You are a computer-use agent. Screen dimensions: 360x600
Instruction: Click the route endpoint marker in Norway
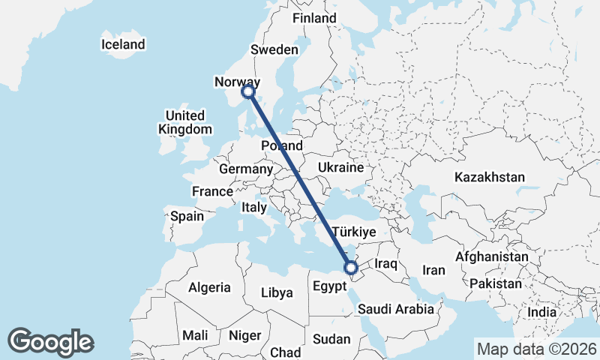pyautogui.click(x=248, y=91)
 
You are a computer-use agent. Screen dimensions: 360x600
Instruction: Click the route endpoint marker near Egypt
pyautogui.click(x=350, y=267)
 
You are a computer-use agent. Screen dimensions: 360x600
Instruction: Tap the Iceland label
pyautogui.click(x=123, y=45)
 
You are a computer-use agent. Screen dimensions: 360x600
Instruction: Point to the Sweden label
pyautogui.click(x=274, y=49)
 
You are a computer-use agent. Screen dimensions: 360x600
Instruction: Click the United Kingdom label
pyautogui.click(x=184, y=122)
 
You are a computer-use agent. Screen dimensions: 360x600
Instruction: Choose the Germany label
pyautogui.click(x=246, y=169)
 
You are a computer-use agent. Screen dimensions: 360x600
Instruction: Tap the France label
pyautogui.click(x=212, y=192)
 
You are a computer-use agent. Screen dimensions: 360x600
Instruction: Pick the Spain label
pyautogui.click(x=187, y=217)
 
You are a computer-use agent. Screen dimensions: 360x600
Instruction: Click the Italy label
pyautogui.click(x=253, y=207)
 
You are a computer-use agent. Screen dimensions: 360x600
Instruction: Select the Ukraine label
pyautogui.click(x=340, y=167)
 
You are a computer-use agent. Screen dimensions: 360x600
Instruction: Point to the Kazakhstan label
pyautogui.click(x=489, y=178)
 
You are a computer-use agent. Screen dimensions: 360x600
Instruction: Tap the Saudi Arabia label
pyautogui.click(x=396, y=308)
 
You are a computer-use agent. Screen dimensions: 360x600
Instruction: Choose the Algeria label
pyautogui.click(x=209, y=287)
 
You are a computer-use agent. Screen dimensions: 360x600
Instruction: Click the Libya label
pyautogui.click(x=277, y=292)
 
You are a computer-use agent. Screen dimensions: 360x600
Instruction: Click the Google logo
pyautogui.click(x=50, y=342)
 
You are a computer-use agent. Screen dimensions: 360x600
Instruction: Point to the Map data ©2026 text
pyautogui.click(x=536, y=349)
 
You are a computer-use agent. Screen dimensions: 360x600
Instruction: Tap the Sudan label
pyautogui.click(x=331, y=339)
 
